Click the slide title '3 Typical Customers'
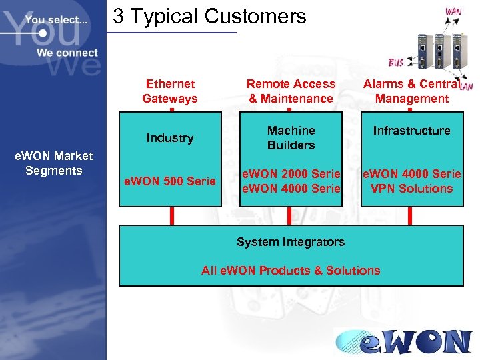[x=209, y=16]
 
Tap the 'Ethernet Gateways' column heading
[x=170, y=91]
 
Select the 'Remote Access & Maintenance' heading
[x=291, y=91]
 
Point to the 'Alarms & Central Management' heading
[x=411, y=91]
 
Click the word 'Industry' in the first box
[x=170, y=138]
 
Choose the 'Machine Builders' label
[x=291, y=138]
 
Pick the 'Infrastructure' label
[x=411, y=131]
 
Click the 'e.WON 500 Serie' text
[x=170, y=181]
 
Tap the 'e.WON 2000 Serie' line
[x=291, y=174]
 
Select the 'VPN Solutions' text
[x=411, y=189]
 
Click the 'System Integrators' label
[x=291, y=242]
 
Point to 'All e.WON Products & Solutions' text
[x=291, y=271]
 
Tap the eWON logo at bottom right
[x=403, y=341]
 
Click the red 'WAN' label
[x=453, y=12]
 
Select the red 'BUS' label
[x=396, y=63]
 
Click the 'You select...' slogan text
[x=56, y=20]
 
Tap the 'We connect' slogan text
[x=67, y=53]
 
